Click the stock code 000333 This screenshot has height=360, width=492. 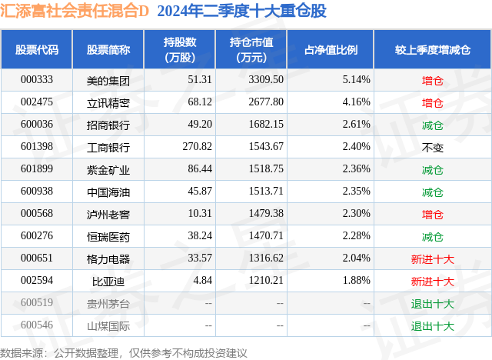[x=36, y=79]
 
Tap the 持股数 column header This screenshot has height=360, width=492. [x=179, y=49]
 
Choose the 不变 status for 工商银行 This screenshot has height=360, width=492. [x=433, y=147]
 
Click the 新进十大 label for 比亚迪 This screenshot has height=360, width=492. [x=433, y=282]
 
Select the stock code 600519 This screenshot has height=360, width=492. [x=36, y=304]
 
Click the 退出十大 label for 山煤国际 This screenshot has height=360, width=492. [x=433, y=326]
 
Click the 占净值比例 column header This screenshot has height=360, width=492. [x=337, y=49]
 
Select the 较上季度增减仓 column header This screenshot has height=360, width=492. [x=433, y=49]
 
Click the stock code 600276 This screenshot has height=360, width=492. [x=36, y=237]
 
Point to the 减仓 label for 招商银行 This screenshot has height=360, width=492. [x=433, y=125]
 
